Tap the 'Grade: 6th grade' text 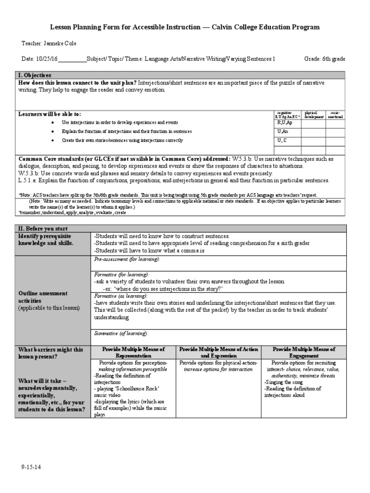325,59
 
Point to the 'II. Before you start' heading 43,229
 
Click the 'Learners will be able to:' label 50,114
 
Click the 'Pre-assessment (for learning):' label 127,259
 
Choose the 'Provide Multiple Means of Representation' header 133,352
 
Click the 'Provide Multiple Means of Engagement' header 304,352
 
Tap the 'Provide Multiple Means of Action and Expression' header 218,352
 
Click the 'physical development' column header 314,115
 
